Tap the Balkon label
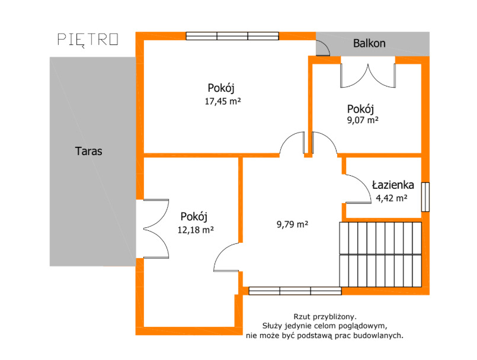point(369,43)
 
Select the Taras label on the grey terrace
point(88,151)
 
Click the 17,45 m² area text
point(223,101)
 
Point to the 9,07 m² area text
point(363,120)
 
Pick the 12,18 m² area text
point(196,230)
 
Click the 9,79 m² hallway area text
point(292,224)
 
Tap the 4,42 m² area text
point(392,198)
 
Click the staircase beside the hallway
point(380,255)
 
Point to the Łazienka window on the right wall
point(425,197)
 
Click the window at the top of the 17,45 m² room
point(232,36)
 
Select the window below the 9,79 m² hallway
point(295,291)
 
